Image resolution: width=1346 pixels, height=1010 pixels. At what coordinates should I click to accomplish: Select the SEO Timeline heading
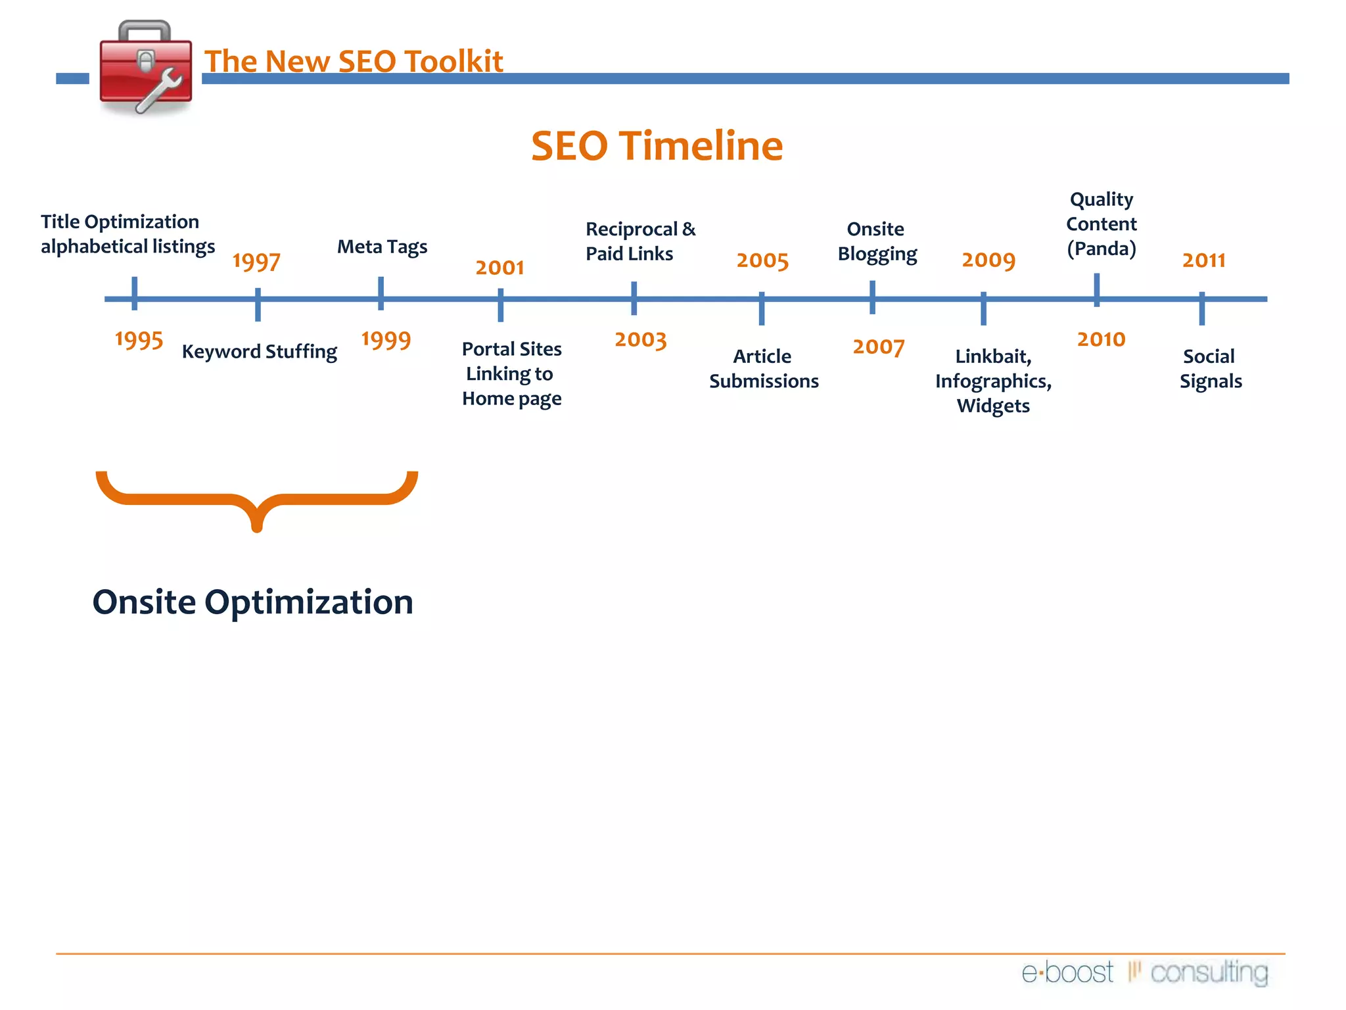pos(657,145)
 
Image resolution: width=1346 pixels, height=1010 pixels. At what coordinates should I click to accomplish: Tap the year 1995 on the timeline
pos(139,340)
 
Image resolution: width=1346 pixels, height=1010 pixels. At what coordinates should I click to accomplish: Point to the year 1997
pos(256,262)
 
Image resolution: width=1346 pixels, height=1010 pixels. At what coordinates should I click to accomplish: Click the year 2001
pos(499,268)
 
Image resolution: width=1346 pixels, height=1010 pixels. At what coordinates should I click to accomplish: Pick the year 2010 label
pos(1101,339)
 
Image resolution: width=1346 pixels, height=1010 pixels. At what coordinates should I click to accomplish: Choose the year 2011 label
pos(1203,260)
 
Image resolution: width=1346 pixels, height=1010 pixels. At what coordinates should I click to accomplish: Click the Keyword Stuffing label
pos(260,352)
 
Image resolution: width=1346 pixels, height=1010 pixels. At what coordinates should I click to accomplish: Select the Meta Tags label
pos(382,247)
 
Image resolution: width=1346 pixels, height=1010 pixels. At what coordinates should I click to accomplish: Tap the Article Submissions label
pos(764,368)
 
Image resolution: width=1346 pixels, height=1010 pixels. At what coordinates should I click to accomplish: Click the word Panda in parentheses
pos(1102,249)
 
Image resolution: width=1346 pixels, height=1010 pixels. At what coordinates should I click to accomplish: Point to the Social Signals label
pos(1210,368)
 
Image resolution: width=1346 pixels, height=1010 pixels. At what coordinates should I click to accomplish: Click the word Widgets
pos(993,406)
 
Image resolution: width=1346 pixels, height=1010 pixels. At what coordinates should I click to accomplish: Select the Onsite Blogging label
pos(877,241)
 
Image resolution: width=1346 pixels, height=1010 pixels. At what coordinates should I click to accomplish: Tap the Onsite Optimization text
pos(253,602)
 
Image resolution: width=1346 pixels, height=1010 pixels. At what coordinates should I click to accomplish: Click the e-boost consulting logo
pos(1144,972)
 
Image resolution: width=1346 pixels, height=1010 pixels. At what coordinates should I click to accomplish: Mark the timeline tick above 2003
pos(634,299)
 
